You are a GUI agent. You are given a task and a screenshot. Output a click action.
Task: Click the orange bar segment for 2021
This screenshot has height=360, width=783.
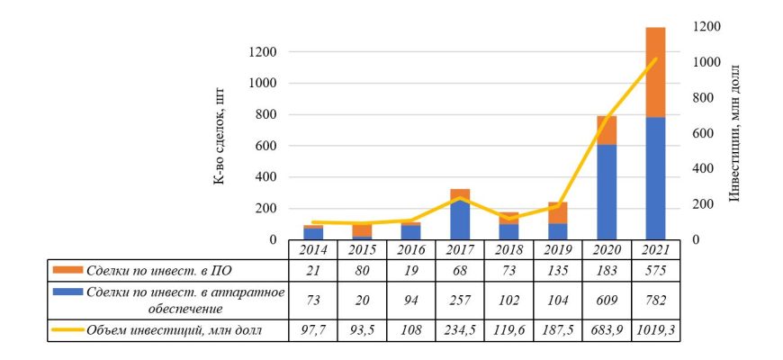click(655, 72)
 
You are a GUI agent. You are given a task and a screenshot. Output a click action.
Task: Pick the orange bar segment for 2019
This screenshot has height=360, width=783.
click(558, 212)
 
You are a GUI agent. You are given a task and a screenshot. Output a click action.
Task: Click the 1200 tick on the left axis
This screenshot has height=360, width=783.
click(264, 51)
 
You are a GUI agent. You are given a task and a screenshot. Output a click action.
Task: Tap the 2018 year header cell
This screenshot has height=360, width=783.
click(509, 249)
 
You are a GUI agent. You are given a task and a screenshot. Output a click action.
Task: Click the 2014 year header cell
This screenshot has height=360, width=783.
click(313, 249)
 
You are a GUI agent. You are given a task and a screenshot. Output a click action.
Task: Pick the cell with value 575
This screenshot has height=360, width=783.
click(655, 270)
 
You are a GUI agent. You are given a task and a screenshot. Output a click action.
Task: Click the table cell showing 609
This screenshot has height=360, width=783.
click(607, 299)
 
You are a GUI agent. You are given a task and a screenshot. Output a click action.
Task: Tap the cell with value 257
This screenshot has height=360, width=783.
click(460, 299)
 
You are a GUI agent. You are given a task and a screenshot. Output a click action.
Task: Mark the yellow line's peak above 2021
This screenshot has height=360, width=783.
click(655, 59)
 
